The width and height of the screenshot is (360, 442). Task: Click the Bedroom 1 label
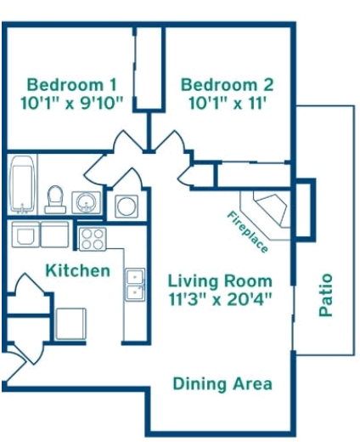pos(72,85)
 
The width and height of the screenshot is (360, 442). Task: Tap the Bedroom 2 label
pos(227,85)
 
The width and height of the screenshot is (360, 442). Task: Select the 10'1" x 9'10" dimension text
pos(72,104)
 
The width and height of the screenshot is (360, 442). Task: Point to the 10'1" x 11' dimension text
pos(227,104)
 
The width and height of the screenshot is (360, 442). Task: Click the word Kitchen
pos(77,270)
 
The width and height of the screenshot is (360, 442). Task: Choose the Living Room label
pos(220,280)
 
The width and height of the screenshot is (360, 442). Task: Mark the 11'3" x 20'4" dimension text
pos(220,298)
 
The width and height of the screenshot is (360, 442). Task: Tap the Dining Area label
pos(222,383)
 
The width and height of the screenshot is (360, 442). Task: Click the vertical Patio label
pos(325,295)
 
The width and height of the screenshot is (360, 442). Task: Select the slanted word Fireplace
pos(247,232)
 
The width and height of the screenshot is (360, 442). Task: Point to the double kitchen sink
pos(134,285)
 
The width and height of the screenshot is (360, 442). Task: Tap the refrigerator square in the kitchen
pos(70,325)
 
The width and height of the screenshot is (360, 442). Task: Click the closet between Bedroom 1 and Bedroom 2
pos(149,68)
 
